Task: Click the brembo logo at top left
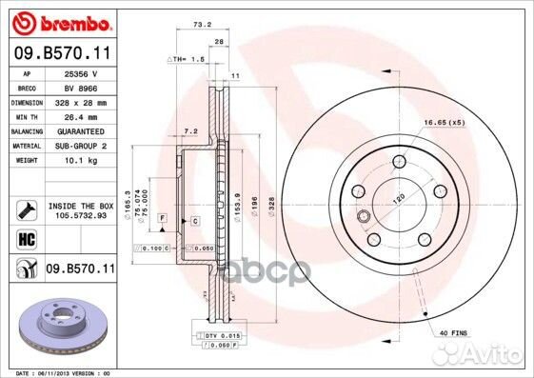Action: [x=59, y=20]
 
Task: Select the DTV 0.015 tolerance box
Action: [x=220, y=335]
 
